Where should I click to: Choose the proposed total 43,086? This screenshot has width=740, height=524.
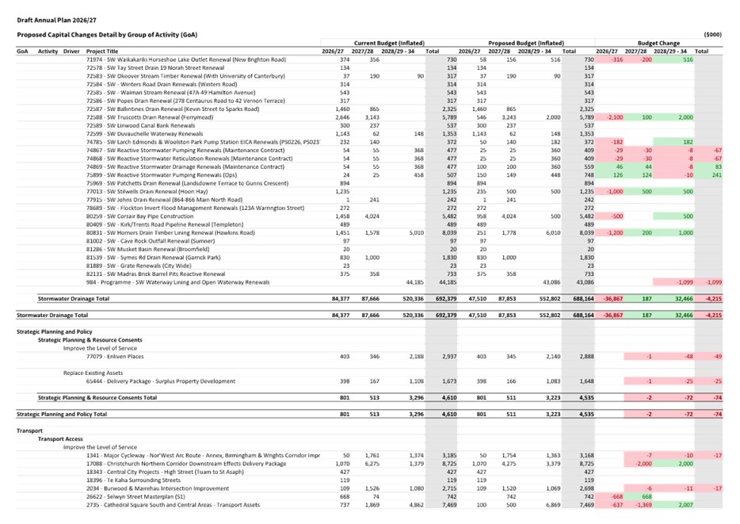pyautogui.click(x=582, y=282)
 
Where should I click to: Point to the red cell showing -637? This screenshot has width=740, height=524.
pyautogui.click(x=613, y=504)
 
